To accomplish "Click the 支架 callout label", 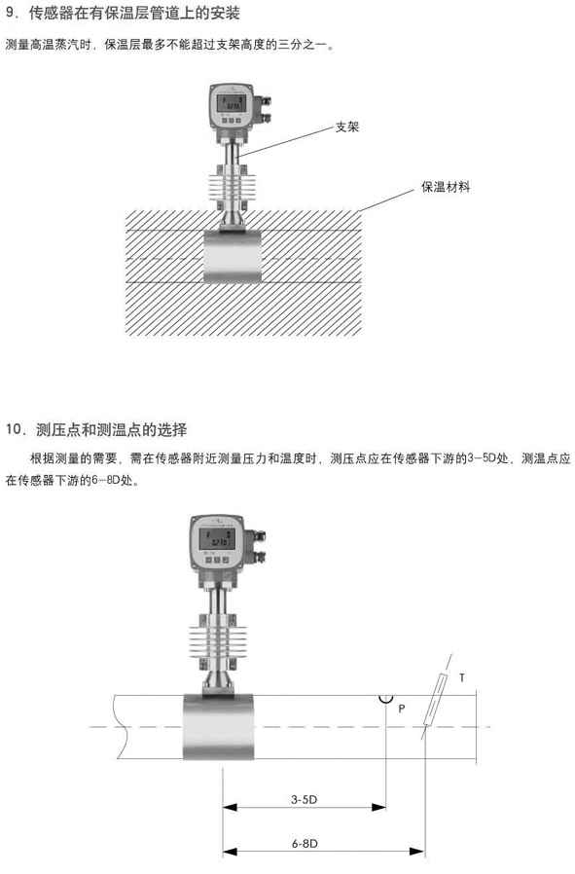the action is tap(346, 127).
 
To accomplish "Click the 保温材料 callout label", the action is tap(446, 187).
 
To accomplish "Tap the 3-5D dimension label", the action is tap(304, 799).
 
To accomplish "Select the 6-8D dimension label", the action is tap(305, 844).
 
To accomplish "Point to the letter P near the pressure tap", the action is tap(402, 709).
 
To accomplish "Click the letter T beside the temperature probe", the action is tap(462, 677).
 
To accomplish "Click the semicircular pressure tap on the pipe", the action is tap(385, 699).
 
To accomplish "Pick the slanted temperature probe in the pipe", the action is tap(435, 700).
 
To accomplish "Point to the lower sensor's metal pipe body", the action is tap(218, 726).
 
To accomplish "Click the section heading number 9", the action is tap(11, 14).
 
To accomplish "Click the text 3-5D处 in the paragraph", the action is tap(488, 458).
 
